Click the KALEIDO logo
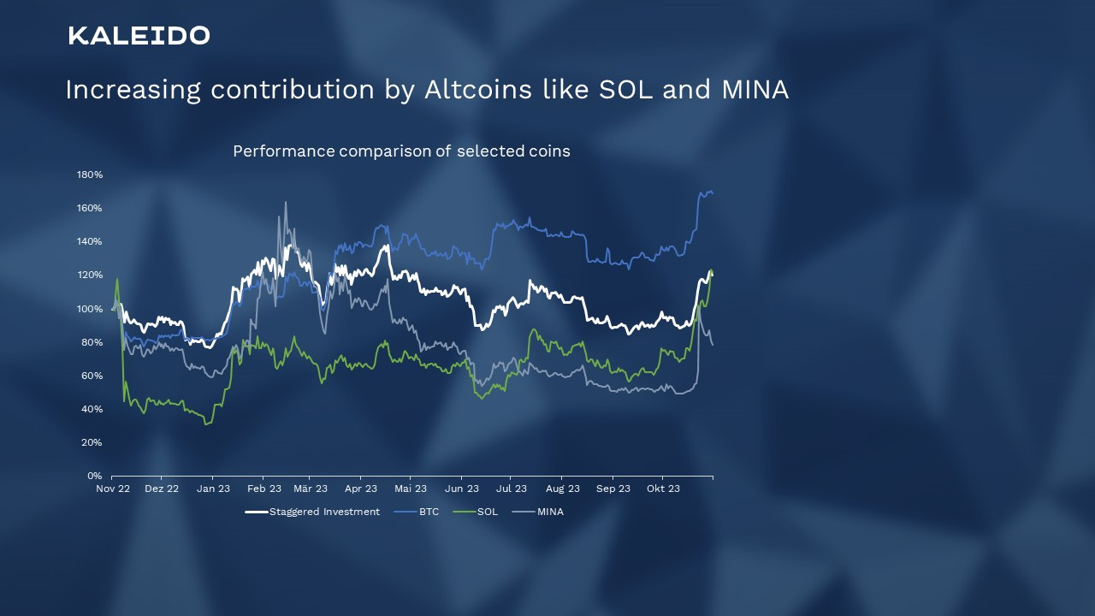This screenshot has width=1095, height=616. coord(139,36)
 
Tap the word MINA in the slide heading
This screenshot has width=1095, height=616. coord(755,90)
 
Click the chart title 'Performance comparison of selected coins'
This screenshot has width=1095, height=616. coord(401,151)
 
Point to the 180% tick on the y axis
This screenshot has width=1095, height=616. coord(90,175)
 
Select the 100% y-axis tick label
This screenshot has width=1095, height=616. coord(90,309)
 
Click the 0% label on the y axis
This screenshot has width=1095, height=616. coord(94,476)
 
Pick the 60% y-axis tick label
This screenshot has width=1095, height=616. coord(92,376)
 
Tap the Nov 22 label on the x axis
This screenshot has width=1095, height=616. coord(113,489)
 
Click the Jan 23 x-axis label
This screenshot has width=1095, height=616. coord(213,489)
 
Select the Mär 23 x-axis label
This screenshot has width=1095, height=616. coord(311,489)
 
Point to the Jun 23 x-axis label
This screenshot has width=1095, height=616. coord(462,489)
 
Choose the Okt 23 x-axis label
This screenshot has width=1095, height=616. coord(663,489)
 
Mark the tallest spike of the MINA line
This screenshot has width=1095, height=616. coord(286,203)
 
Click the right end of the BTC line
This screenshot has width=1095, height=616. coord(713,193)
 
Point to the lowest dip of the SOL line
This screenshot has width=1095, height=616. coord(205,424)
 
